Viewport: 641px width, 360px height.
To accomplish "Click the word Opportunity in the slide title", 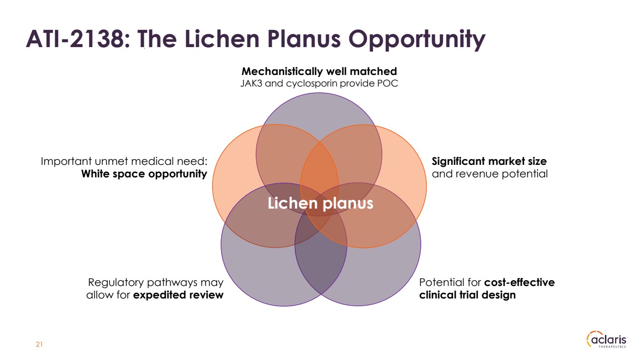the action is point(416,40).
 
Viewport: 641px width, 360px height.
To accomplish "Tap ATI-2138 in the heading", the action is point(75,38).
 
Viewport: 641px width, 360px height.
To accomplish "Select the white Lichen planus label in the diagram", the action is point(320,203).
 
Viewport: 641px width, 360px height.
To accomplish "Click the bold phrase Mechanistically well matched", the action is point(319,71).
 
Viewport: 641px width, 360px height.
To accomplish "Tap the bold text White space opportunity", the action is point(144,174).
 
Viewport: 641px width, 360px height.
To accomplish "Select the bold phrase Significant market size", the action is point(489,161).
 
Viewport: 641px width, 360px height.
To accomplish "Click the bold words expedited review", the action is point(178,295).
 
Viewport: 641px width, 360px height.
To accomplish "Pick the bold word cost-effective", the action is point(519,282).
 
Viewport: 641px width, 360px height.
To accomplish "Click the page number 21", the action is point(39,344).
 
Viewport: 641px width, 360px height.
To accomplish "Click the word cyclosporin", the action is point(311,84).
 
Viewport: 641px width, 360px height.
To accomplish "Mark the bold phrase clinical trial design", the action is point(467,295).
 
